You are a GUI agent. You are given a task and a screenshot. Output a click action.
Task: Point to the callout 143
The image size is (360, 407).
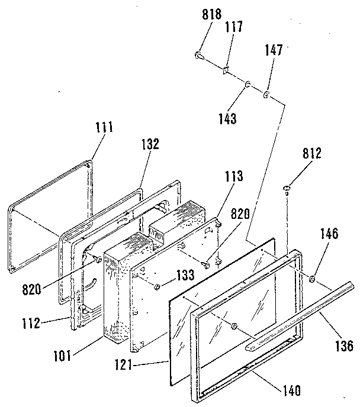pos(227,118)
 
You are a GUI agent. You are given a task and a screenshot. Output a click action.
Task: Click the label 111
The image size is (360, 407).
pos(103,127)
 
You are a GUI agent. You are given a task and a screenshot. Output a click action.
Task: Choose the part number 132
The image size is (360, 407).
pos(150,144)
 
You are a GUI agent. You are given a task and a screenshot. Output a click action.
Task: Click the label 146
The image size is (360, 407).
pos(330,234)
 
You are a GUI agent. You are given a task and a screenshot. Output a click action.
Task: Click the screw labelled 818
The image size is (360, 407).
pos(200,56)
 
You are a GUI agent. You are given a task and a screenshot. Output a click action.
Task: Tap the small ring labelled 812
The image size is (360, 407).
pos(287,189)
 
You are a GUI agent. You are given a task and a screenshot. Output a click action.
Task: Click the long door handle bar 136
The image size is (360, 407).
pos(302,314)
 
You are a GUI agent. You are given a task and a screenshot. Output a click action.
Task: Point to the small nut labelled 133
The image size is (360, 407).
pos(158,287)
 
